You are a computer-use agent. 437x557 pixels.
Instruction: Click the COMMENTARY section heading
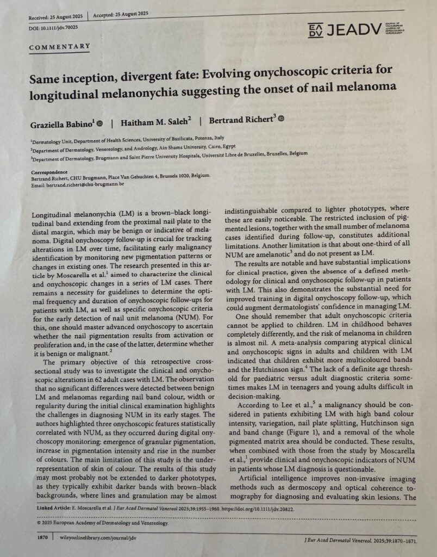point(60,47)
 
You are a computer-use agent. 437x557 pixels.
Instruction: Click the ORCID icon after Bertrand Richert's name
point(281,118)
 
